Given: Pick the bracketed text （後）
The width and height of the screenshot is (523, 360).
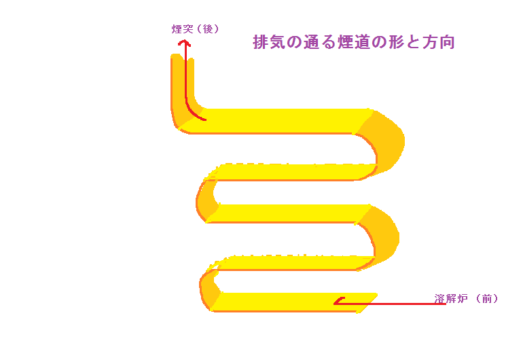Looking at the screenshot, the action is (x=206, y=29).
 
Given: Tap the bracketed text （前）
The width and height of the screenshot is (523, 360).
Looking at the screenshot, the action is (x=487, y=299).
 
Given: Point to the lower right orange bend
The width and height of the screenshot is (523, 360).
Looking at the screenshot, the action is (x=382, y=234).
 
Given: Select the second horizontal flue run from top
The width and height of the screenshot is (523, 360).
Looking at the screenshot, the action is (x=292, y=173).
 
